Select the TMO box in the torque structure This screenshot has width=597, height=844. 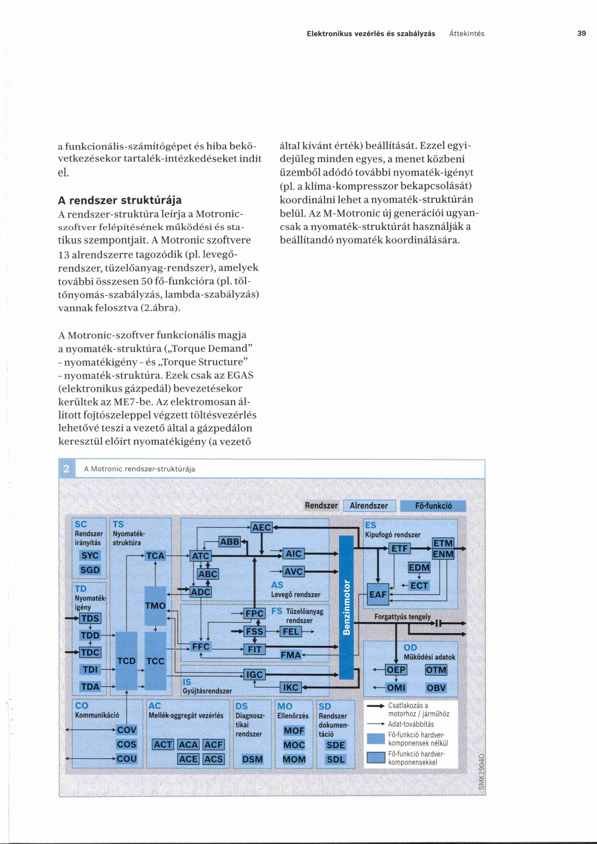click(x=156, y=606)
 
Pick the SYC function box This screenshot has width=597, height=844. click(x=90, y=555)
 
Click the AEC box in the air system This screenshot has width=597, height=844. click(x=261, y=528)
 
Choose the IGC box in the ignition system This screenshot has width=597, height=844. click(x=254, y=675)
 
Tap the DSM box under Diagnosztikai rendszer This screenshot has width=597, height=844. click(x=253, y=759)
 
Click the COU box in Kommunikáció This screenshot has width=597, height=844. click(x=126, y=759)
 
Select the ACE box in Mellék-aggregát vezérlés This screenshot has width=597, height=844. click(x=188, y=759)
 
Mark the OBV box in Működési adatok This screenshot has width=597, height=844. click(x=436, y=688)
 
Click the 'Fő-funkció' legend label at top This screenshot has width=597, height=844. click(x=433, y=506)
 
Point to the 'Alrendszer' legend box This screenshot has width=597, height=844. click(x=369, y=506)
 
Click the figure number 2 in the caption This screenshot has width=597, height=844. click(x=66, y=469)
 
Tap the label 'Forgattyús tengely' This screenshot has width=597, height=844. click(x=402, y=617)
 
